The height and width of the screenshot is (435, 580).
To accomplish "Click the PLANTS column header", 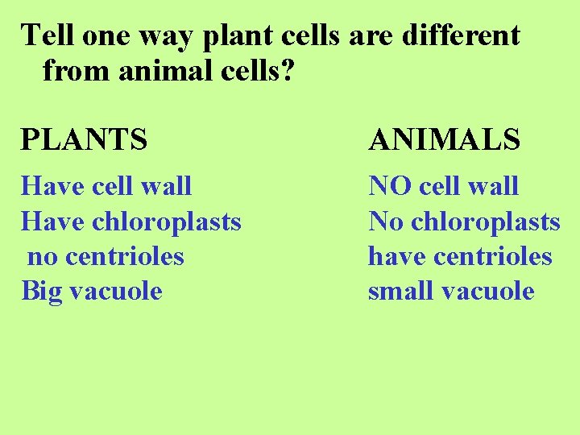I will pyautogui.click(x=85, y=140).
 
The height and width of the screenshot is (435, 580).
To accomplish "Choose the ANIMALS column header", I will pyautogui.click(x=444, y=140).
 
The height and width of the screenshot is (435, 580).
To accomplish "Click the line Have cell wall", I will pyautogui.click(x=106, y=186).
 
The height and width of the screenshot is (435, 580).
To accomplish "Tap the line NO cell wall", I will pyautogui.click(x=443, y=186).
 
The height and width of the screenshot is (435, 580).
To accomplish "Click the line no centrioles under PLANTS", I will pyautogui.click(x=106, y=256).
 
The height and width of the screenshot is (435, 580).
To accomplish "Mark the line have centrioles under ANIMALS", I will pyautogui.click(x=460, y=256).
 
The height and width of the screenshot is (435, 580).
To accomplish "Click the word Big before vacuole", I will pyautogui.click(x=42, y=292).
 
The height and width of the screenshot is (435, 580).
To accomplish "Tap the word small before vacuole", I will pyautogui.click(x=398, y=291).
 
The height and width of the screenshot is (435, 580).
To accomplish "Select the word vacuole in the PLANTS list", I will pyautogui.click(x=116, y=291).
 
